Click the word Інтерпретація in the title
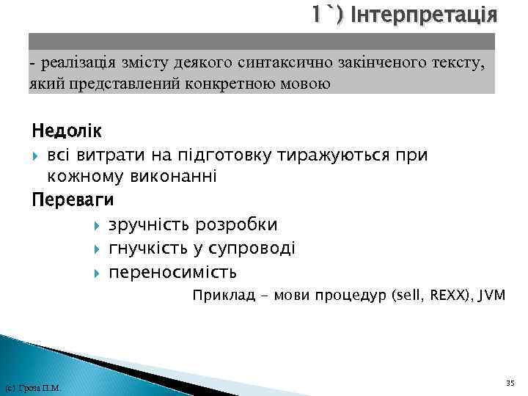point(425,15)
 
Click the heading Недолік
point(67,132)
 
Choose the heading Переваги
point(73,199)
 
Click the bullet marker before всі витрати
point(37,155)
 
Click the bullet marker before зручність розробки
point(98,224)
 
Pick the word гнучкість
point(153,249)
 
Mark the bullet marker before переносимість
point(98,273)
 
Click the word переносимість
point(172,273)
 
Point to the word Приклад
point(220,296)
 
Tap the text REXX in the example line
point(441,296)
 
